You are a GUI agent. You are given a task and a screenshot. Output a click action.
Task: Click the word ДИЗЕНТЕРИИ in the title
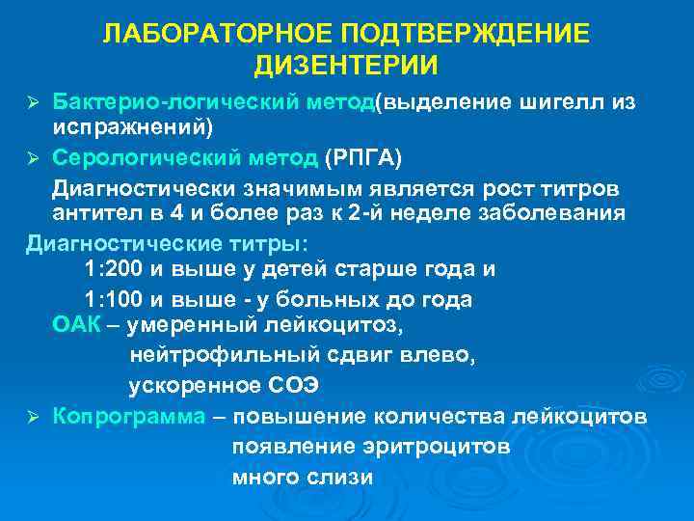coord(346,65)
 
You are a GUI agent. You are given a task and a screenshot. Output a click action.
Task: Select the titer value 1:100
coord(116,299)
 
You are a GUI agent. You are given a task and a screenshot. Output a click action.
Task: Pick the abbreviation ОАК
coord(76,327)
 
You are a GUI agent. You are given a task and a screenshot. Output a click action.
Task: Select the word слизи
coord(337,477)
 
